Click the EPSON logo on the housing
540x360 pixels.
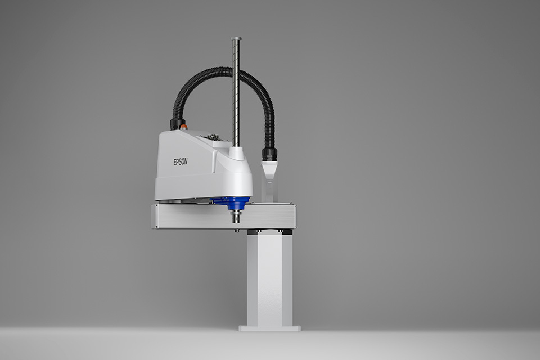pyautogui.click(x=181, y=161)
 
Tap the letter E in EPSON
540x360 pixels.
pyautogui.click(x=175, y=161)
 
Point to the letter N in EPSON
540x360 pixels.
pyautogui.click(x=186, y=161)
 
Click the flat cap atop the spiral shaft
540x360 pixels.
pyautogui.click(x=236, y=39)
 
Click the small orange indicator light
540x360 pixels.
pyautogui.click(x=184, y=127)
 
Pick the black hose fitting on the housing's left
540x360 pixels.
pyautogui.click(x=177, y=123)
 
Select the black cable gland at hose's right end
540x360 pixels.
pyautogui.click(x=269, y=154)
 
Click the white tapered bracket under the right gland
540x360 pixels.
pyautogui.click(x=269, y=172)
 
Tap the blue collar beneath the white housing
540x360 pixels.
pyautogui.click(x=232, y=203)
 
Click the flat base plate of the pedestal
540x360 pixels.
pyautogui.click(x=269, y=327)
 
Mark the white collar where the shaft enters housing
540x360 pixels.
pyautogui.click(x=237, y=153)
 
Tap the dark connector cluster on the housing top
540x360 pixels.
pyautogui.click(x=212, y=137)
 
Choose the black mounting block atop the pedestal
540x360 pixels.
pyautogui.click(x=269, y=231)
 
